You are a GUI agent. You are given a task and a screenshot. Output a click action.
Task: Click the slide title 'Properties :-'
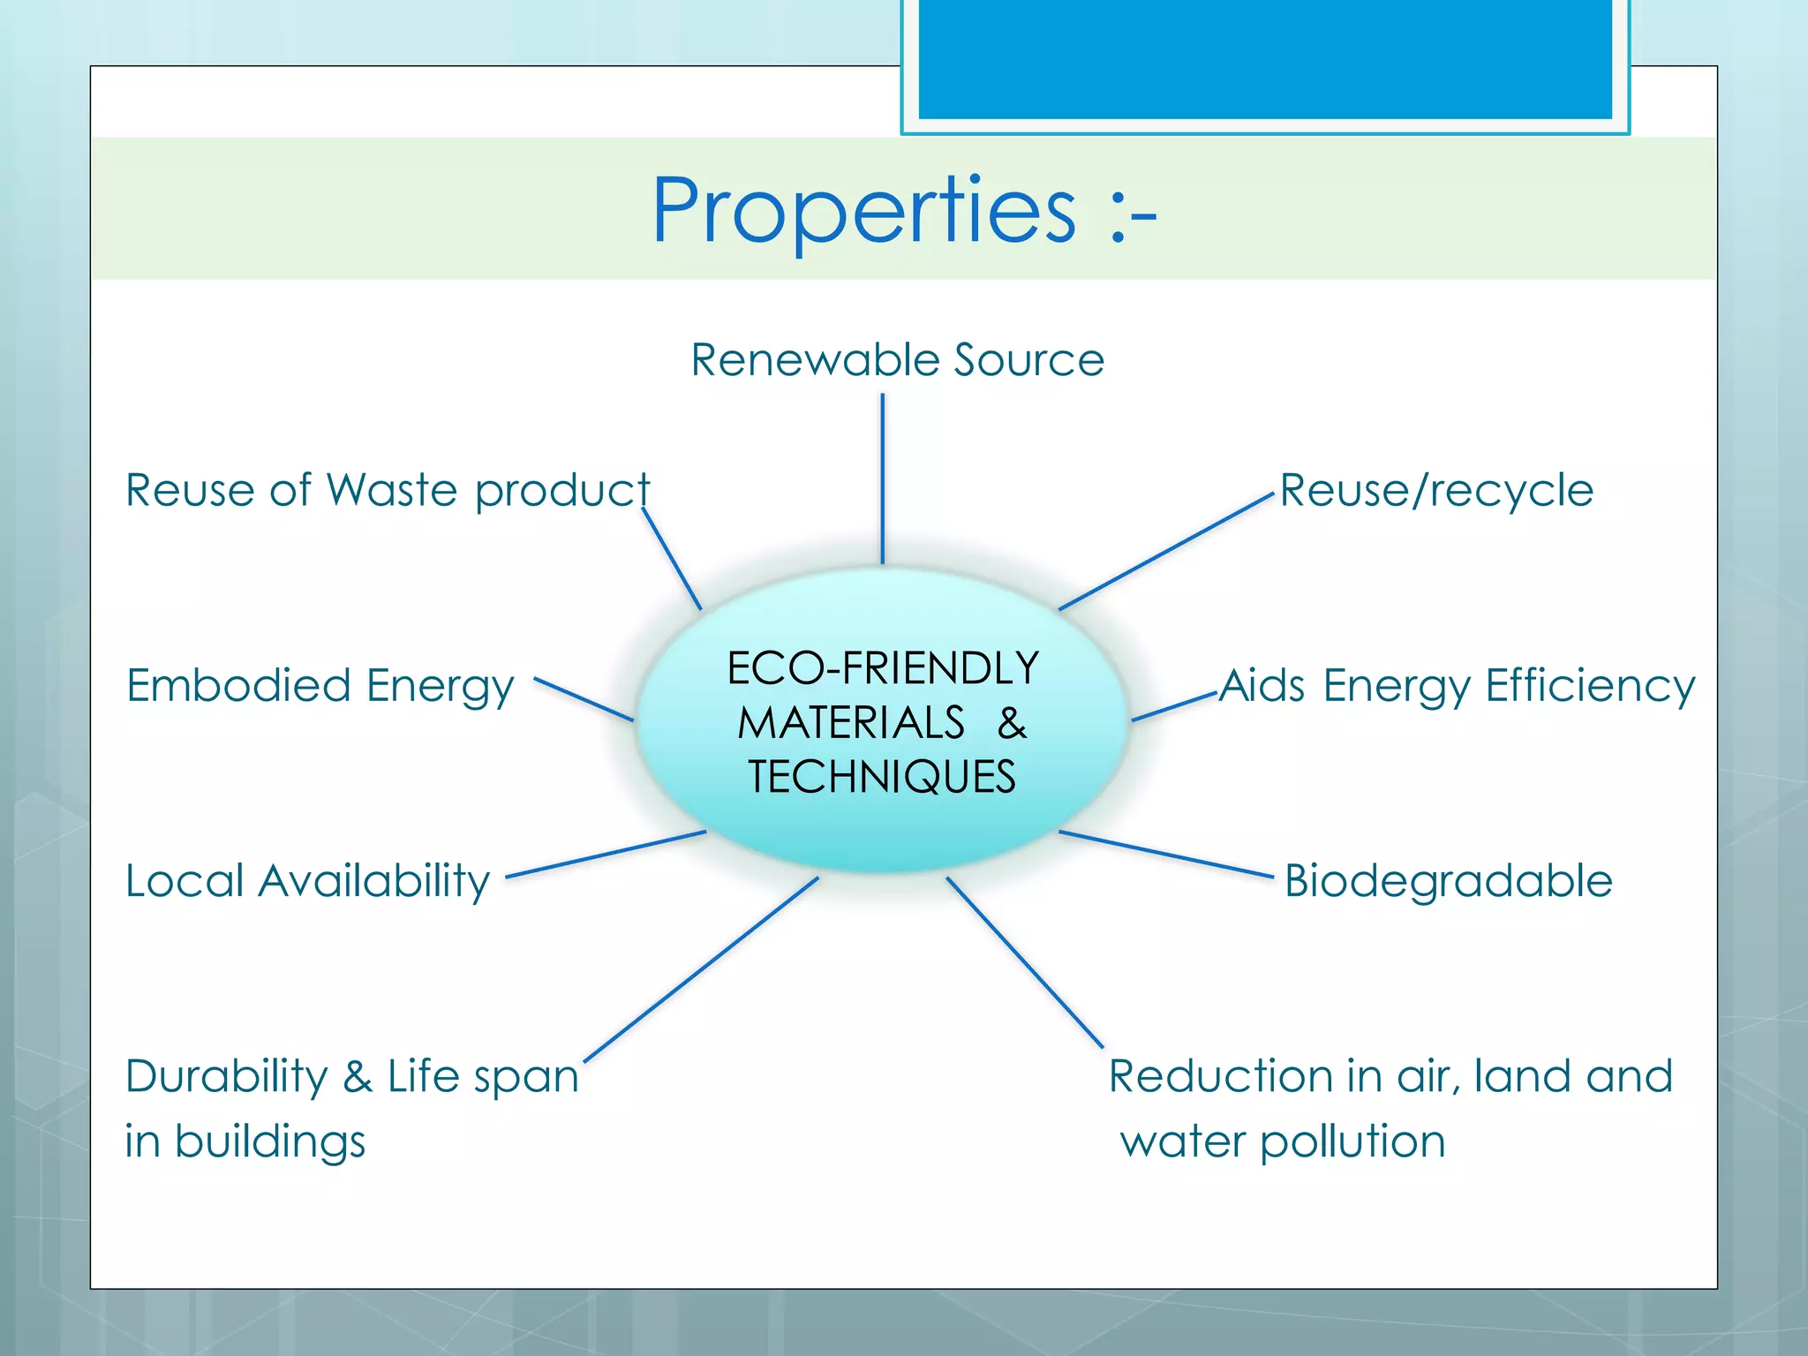(x=903, y=211)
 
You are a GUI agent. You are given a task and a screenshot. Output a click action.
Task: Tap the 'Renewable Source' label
(x=897, y=360)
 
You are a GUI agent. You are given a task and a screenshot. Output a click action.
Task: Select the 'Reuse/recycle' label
(x=1436, y=491)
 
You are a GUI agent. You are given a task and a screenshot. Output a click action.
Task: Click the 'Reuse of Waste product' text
(x=387, y=491)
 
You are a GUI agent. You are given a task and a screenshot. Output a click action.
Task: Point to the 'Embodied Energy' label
(x=320, y=686)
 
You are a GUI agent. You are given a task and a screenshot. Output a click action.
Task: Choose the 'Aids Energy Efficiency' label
(x=1457, y=686)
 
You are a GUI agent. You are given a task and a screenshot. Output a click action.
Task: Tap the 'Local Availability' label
(x=307, y=881)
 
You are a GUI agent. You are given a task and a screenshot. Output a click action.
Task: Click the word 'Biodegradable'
(x=1448, y=881)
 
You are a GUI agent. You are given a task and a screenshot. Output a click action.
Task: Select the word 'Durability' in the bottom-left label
(x=226, y=1076)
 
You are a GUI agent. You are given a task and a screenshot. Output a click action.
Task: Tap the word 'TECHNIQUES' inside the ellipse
(x=882, y=778)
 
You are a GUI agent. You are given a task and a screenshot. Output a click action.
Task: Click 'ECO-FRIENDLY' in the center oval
(x=882, y=668)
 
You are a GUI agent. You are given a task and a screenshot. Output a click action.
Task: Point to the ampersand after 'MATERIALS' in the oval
(x=1012, y=723)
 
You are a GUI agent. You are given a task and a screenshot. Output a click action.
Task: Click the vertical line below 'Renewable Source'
(x=882, y=477)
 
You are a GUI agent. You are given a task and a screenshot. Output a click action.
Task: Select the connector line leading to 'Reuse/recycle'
(x=1165, y=552)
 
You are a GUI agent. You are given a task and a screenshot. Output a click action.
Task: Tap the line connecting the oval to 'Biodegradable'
(x=1165, y=854)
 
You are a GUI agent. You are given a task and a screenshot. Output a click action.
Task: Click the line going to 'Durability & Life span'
(x=702, y=968)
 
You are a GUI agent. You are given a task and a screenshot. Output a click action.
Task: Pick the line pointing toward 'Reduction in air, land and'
(x=1024, y=962)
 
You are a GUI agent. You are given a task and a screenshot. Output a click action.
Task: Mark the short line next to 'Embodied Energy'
(x=584, y=699)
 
